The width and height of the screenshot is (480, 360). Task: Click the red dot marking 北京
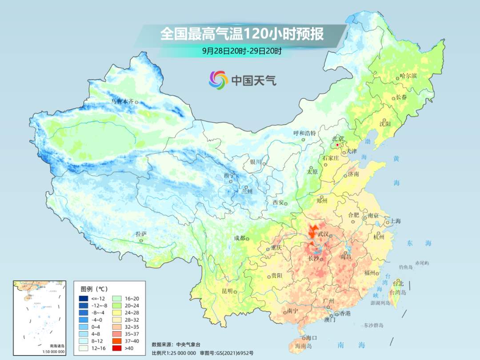(x=337, y=145)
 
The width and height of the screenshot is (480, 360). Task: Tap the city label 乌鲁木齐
(x=122, y=102)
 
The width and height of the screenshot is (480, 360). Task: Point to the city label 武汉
(x=323, y=234)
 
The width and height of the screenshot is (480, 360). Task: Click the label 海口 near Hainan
(x=312, y=338)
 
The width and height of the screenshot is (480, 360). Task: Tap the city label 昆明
(x=227, y=291)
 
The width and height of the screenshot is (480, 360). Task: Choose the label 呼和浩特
(x=304, y=133)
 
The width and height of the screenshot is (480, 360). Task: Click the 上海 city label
(x=395, y=221)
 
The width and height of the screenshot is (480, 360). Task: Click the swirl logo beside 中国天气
(x=218, y=80)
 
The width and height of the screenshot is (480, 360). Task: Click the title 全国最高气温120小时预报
(x=242, y=34)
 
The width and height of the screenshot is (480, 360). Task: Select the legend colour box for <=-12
(x=84, y=298)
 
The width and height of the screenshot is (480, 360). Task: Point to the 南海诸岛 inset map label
(x=57, y=346)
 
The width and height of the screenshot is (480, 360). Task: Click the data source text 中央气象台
(x=188, y=344)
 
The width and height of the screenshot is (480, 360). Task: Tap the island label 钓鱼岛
(x=406, y=267)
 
